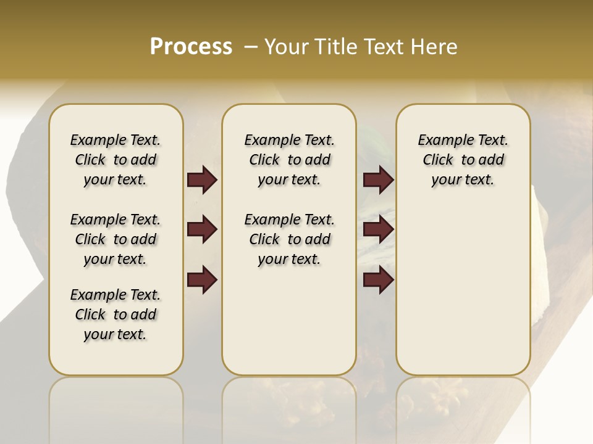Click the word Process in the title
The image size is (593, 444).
(191, 47)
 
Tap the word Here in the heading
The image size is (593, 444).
(435, 47)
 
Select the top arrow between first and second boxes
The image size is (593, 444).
(202, 180)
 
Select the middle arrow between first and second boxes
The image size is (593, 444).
(202, 230)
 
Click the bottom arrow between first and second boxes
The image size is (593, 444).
(202, 280)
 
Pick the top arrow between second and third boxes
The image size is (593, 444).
(378, 180)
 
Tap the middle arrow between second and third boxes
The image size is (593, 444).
(378, 230)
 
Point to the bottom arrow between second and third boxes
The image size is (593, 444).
(378, 280)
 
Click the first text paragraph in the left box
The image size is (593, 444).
(116, 160)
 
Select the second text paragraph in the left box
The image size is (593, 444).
(116, 239)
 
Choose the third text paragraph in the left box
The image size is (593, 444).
(116, 314)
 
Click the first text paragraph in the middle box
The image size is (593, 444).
(289, 160)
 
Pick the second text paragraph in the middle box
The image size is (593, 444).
(289, 239)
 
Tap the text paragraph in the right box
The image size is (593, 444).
(463, 160)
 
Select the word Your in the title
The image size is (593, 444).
(287, 47)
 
